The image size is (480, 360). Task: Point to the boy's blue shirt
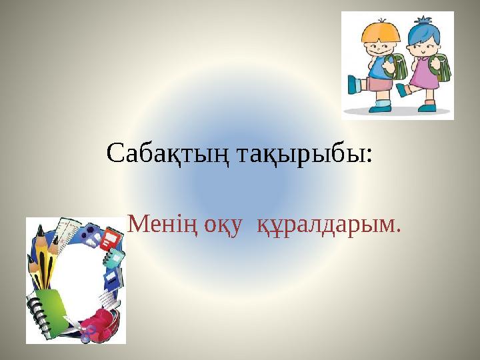tap(377, 67)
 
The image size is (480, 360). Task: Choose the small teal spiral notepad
tap(115, 257)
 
